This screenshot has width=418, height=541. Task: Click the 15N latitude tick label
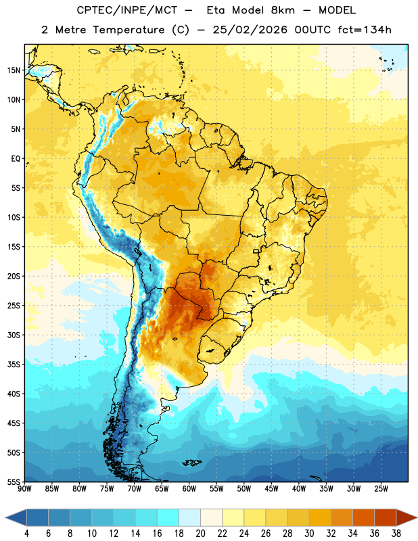click(x=14, y=70)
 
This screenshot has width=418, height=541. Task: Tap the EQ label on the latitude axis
click(x=16, y=159)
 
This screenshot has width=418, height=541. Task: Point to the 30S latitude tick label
click(x=14, y=335)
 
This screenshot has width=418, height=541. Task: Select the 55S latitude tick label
click(x=14, y=481)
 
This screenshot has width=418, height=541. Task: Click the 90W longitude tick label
click(x=24, y=489)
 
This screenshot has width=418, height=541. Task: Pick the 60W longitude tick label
click(x=189, y=489)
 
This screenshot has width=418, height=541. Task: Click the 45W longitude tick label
click(x=271, y=489)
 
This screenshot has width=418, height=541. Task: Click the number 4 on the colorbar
click(x=26, y=534)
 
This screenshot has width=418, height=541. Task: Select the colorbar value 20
click(x=200, y=534)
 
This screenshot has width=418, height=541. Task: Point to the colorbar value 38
click(x=396, y=534)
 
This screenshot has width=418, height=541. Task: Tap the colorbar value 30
click(x=309, y=534)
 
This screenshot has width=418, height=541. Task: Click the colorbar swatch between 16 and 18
click(x=168, y=517)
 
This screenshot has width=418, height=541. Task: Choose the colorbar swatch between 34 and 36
click(x=363, y=517)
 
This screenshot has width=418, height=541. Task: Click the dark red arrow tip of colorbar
click(x=417, y=517)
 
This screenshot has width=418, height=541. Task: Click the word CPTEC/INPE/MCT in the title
click(x=126, y=10)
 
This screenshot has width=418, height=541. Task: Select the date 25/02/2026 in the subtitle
click(x=250, y=30)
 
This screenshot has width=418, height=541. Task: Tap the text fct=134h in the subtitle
click(x=365, y=30)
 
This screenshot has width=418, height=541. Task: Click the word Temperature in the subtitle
click(x=129, y=30)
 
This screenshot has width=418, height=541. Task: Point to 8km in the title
click(x=283, y=10)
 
